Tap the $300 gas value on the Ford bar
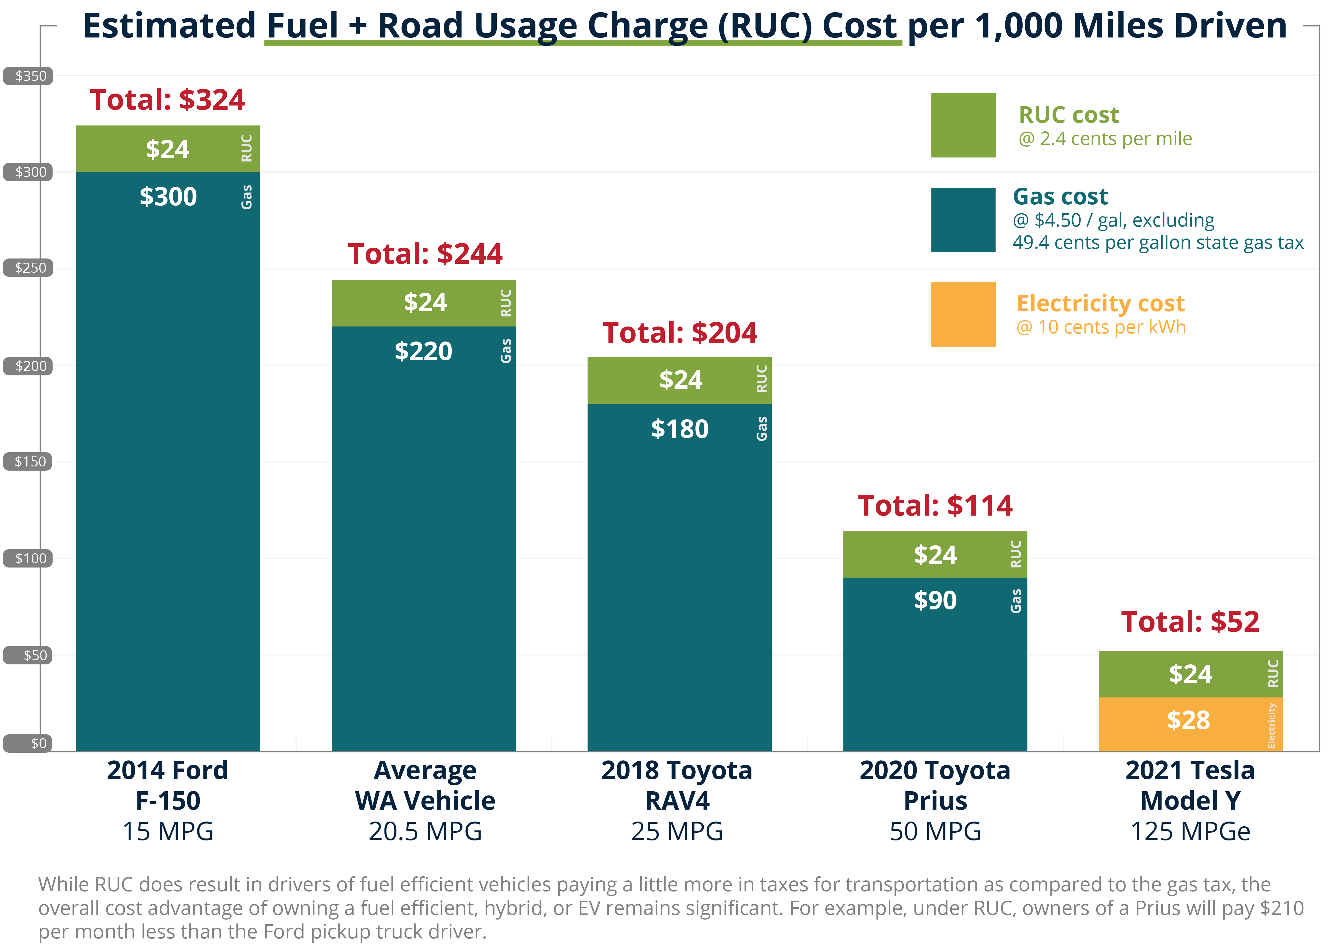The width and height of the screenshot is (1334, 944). coord(168,197)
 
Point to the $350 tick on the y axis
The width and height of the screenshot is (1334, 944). coord(29,76)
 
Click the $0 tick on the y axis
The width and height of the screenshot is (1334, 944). coord(29,744)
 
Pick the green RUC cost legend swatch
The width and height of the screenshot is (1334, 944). coord(963,125)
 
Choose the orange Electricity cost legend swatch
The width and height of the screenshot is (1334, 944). coord(963,315)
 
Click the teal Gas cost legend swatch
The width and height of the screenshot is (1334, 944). coord(963,220)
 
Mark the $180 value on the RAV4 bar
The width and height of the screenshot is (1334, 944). coord(679,429)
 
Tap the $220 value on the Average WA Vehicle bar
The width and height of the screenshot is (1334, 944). coord(423,351)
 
